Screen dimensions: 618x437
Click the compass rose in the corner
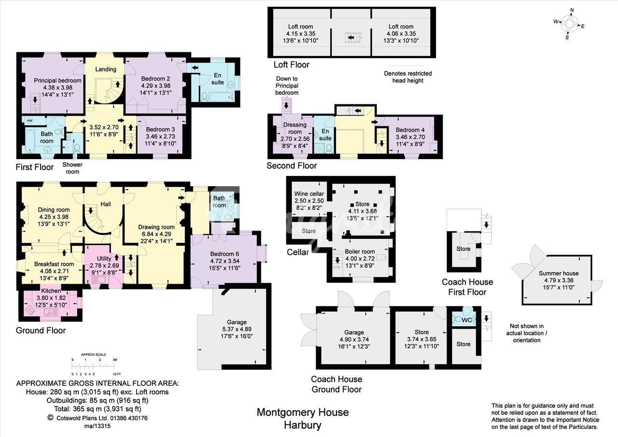[x=569, y=24]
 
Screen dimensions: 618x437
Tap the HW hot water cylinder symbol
[x=29, y=120]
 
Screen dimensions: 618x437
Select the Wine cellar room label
[x=309, y=194]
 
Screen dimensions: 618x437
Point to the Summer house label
[x=559, y=273]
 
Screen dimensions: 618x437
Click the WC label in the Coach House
[x=467, y=320]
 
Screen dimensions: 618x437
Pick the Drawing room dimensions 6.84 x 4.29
[x=156, y=234]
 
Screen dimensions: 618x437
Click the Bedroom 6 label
[x=225, y=254]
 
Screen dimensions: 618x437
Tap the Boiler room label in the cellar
[x=360, y=251]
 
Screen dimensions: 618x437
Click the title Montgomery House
[x=303, y=412]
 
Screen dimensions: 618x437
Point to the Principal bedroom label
[x=57, y=80]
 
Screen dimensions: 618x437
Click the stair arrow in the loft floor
[x=351, y=37]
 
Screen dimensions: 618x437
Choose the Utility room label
[x=104, y=259]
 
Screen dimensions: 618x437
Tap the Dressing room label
[x=295, y=128]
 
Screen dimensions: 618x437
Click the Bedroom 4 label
[x=410, y=130]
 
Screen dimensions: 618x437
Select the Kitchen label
[x=51, y=291]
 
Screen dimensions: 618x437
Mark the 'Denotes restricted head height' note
[x=408, y=77]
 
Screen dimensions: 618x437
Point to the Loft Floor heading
[x=291, y=65]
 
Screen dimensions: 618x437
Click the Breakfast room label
[x=54, y=264]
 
